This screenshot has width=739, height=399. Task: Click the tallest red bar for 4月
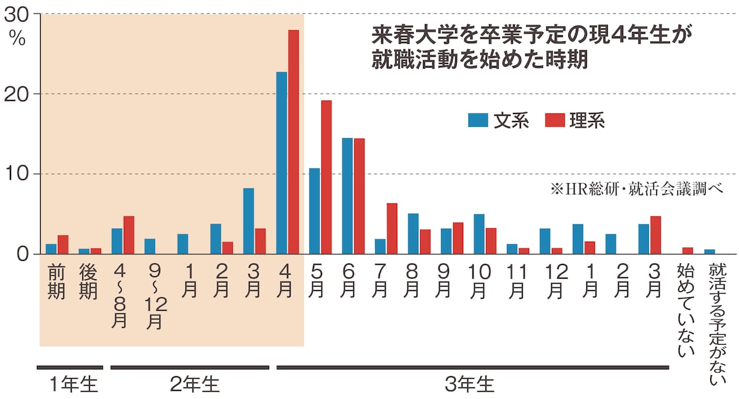click(293, 142)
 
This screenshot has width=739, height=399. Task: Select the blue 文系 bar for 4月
click(281, 163)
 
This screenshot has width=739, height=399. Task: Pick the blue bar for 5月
click(315, 211)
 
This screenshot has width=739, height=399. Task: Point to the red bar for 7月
click(392, 228)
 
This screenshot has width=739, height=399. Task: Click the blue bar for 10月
click(479, 234)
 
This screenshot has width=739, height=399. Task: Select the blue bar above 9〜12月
click(150, 246)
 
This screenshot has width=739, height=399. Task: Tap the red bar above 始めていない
click(688, 250)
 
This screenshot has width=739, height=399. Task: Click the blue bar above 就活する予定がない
click(710, 251)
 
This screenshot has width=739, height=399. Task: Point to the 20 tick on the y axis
click(18, 94)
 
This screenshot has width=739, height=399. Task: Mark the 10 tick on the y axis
click(18, 174)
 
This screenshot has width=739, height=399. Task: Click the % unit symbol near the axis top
click(17, 39)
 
